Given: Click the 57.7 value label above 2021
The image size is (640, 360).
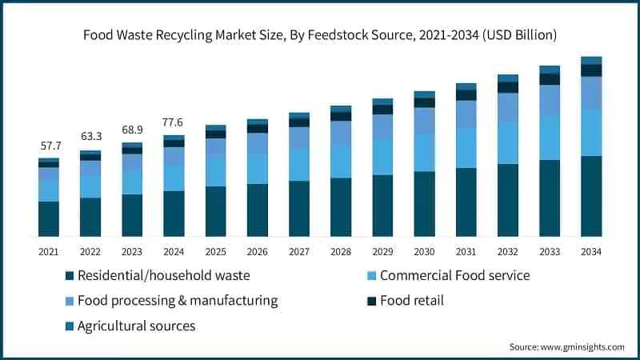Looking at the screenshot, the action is pyautogui.click(x=51, y=146).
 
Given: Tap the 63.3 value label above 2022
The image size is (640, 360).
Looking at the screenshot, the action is pyautogui.click(x=91, y=136).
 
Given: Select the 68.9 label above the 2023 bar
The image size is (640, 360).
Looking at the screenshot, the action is pyautogui.click(x=132, y=130).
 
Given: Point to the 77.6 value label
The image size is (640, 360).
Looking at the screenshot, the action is pyautogui.click(x=172, y=122).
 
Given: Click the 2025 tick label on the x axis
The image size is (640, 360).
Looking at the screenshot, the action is pyautogui.click(x=215, y=252).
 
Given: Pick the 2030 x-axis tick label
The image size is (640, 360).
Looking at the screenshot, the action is pyautogui.click(x=424, y=252).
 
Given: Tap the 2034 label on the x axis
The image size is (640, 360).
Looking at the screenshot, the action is pyautogui.click(x=591, y=252).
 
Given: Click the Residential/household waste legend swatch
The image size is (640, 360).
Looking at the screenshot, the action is pyautogui.click(x=70, y=276).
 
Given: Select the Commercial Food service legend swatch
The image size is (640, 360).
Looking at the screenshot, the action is pyautogui.click(x=371, y=276).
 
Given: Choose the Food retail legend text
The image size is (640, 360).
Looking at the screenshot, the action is pyautogui.click(x=412, y=301).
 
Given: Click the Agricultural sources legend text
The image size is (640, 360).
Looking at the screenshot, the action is pyautogui.click(x=136, y=326).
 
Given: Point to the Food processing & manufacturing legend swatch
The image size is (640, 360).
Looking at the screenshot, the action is pyautogui.click(x=70, y=302).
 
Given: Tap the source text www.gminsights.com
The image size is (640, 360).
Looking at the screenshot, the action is pyautogui.click(x=582, y=347).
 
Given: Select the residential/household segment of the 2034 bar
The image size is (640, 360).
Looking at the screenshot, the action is pyautogui.click(x=591, y=196).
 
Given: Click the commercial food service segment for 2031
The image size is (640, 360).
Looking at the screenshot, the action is pyautogui.click(x=466, y=148).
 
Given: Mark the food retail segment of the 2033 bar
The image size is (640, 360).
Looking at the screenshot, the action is pyautogui.click(x=550, y=79).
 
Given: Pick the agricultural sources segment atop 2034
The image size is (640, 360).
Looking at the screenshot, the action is pyautogui.click(x=591, y=61).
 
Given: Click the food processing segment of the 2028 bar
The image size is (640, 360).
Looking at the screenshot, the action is pyautogui.click(x=341, y=134).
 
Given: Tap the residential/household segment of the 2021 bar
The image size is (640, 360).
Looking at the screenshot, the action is pyautogui.click(x=49, y=218).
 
